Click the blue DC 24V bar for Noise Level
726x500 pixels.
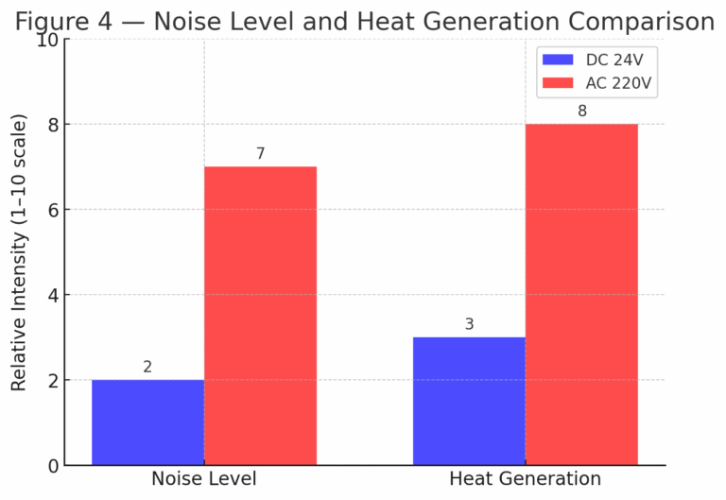[x=147, y=422]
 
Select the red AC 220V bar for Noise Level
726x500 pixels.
[x=260, y=316]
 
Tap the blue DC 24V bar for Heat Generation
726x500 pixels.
[x=469, y=401]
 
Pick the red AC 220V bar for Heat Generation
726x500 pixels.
[x=581, y=294]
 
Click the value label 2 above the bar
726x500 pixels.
[x=147, y=367]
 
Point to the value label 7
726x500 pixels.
[x=260, y=154]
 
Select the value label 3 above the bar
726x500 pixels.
[x=469, y=324]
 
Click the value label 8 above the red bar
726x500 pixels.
[x=581, y=112]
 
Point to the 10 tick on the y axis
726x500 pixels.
[x=47, y=40]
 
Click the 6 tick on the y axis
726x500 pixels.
[x=53, y=210]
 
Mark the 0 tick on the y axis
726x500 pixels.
[x=53, y=465]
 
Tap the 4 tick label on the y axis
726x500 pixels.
[x=53, y=295]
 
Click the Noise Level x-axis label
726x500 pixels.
[x=203, y=479]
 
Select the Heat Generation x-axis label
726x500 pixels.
[x=525, y=479]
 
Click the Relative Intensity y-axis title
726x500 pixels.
[x=19, y=252]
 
